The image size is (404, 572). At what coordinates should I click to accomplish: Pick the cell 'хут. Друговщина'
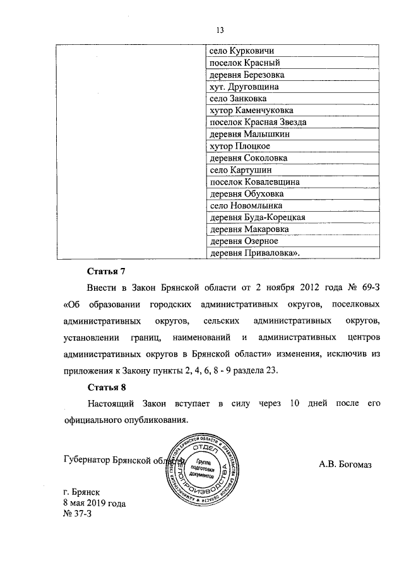244,87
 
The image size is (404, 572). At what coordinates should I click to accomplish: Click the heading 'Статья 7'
107,272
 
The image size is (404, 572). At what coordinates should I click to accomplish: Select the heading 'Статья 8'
107,387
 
